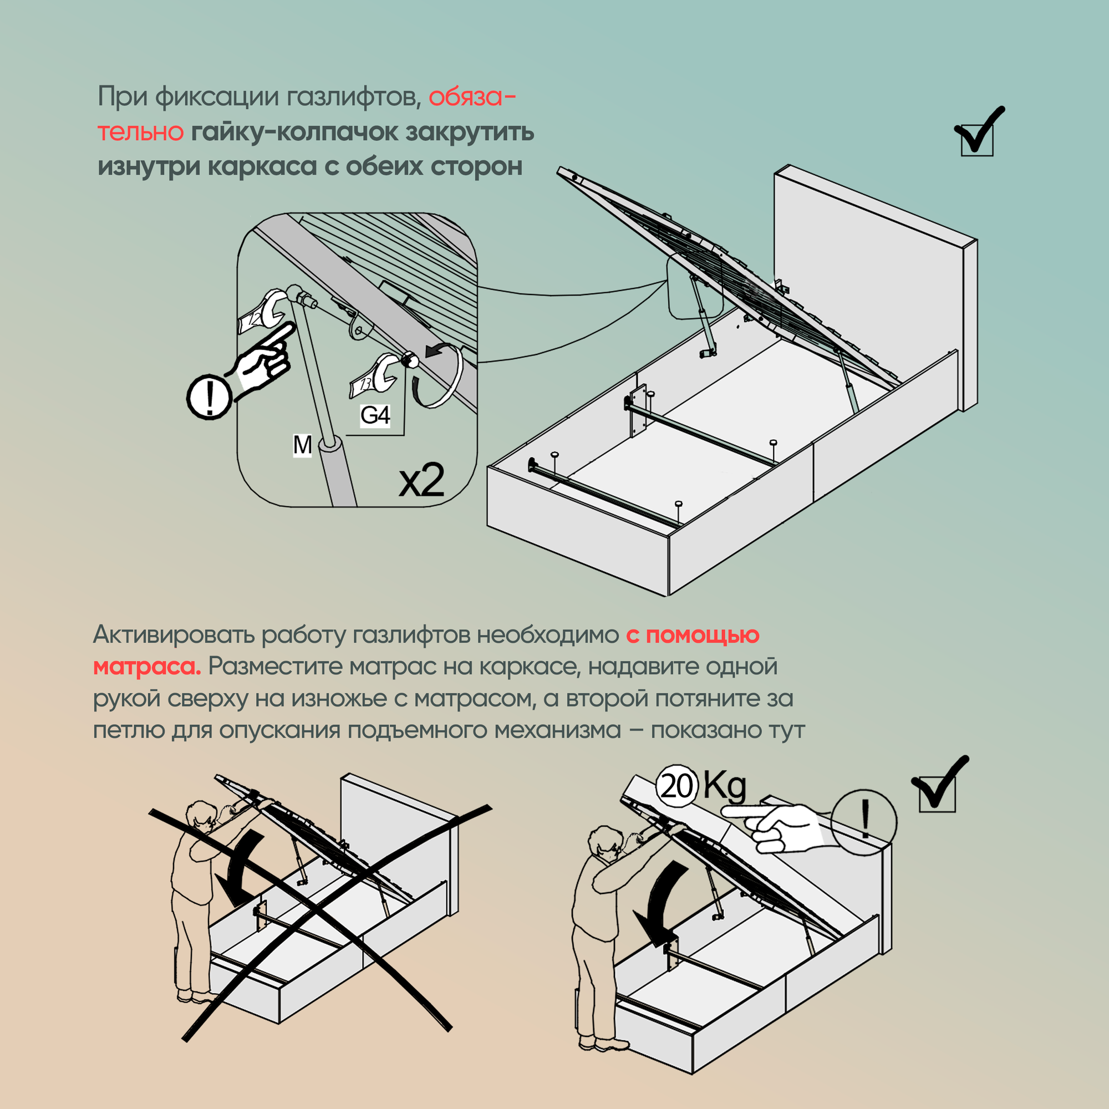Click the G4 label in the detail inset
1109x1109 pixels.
[375, 415]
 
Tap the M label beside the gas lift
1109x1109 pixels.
[303, 445]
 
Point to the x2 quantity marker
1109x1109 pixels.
[422, 480]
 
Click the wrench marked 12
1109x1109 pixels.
[261, 313]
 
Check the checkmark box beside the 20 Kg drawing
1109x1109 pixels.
[937, 793]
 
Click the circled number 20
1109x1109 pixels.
[676, 786]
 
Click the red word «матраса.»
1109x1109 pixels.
[147, 667]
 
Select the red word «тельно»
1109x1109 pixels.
[141, 131]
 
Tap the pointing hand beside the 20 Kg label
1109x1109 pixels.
[775, 827]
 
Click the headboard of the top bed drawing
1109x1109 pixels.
[867, 276]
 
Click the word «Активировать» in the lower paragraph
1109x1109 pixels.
[174, 634]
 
